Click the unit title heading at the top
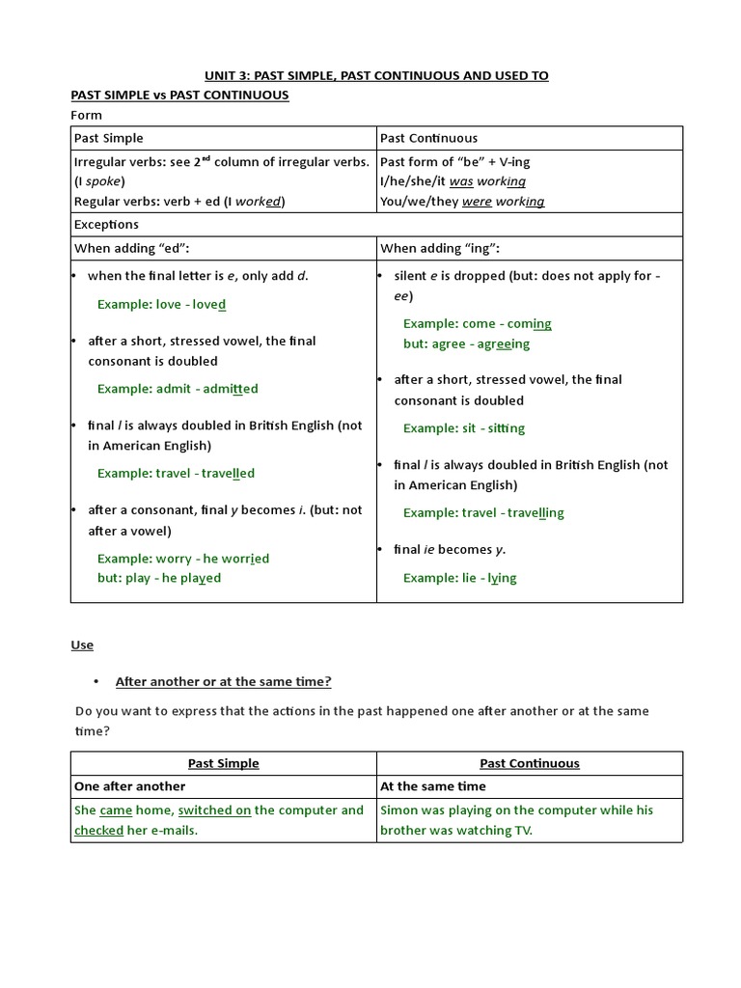click(x=376, y=75)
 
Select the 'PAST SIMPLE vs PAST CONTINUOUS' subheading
click(x=179, y=96)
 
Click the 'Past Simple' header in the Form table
click(x=109, y=138)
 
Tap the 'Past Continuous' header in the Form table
click(x=428, y=138)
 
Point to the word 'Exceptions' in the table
click(x=106, y=224)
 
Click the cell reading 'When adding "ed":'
click(x=132, y=249)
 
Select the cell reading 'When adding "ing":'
click(x=441, y=249)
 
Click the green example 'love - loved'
click(x=161, y=304)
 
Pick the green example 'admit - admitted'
click(x=178, y=389)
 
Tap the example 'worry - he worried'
click(x=183, y=559)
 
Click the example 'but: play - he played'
click(x=159, y=578)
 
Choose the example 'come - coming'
click(x=478, y=324)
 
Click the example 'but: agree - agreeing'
click(x=466, y=343)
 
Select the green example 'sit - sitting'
click(x=464, y=428)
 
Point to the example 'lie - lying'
click(x=459, y=578)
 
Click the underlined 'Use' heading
click(x=82, y=645)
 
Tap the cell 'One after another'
click(x=129, y=786)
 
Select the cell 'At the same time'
click(x=433, y=786)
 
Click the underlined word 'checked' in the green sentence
click(x=98, y=830)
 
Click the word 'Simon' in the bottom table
click(x=399, y=810)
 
